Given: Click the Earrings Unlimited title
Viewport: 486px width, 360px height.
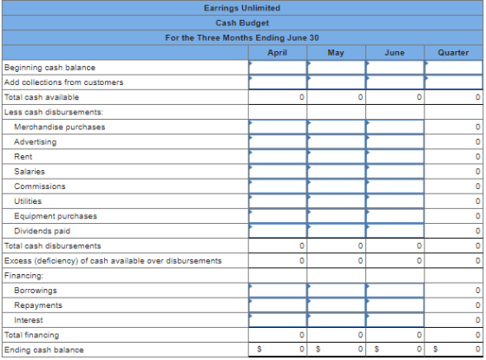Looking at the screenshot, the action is pyautogui.click(x=242, y=8).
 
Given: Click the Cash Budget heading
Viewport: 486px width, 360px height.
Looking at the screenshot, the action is pyautogui.click(x=242, y=23).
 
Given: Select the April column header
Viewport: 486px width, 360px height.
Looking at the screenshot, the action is pyautogui.click(x=277, y=53).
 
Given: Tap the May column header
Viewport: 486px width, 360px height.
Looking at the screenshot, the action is pyautogui.click(x=336, y=53).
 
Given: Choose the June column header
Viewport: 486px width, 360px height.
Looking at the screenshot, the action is pyautogui.click(x=394, y=53).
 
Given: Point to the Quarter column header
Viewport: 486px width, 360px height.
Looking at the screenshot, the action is pyautogui.click(x=453, y=53).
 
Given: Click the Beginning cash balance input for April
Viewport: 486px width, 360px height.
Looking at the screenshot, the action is pyautogui.click(x=278, y=68).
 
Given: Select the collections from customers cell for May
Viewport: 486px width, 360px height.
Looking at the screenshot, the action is pyautogui.click(x=337, y=82).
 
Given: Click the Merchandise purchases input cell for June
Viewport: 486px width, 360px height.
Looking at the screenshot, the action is pyautogui.click(x=395, y=127).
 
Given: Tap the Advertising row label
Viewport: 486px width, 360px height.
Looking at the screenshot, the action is pyautogui.click(x=36, y=142).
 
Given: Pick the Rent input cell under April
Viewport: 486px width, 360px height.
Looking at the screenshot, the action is pyautogui.click(x=278, y=157).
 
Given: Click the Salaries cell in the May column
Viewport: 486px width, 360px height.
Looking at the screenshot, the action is pyautogui.click(x=337, y=172).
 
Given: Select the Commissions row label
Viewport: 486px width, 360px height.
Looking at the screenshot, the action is pyautogui.click(x=40, y=187).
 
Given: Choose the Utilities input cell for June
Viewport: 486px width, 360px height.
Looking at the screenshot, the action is pyautogui.click(x=395, y=201).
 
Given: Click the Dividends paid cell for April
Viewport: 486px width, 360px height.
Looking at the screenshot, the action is pyautogui.click(x=278, y=231).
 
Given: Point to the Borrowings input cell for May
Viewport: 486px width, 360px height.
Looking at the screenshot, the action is pyautogui.click(x=337, y=291).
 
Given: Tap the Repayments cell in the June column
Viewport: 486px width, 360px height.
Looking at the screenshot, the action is pyautogui.click(x=395, y=305).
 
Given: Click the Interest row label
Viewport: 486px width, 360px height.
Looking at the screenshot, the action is pyautogui.click(x=29, y=320).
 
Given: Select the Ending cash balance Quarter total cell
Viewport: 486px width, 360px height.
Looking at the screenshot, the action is pyautogui.click(x=453, y=350).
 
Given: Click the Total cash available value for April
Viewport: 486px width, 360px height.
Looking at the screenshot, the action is pyautogui.click(x=278, y=97).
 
